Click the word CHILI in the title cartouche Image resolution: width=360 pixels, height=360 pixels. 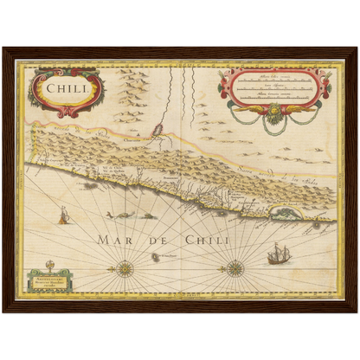pos(65,87)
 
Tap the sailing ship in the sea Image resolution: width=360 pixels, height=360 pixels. pos(278,254)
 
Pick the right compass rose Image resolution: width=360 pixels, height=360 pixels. pos(235,267)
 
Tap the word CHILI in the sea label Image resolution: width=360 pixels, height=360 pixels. pos(204,238)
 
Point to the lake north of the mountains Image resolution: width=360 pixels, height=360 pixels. pos(158,132)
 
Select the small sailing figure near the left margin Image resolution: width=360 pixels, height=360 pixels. pos(62,214)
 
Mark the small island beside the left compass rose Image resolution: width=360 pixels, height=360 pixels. pos(156,257)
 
